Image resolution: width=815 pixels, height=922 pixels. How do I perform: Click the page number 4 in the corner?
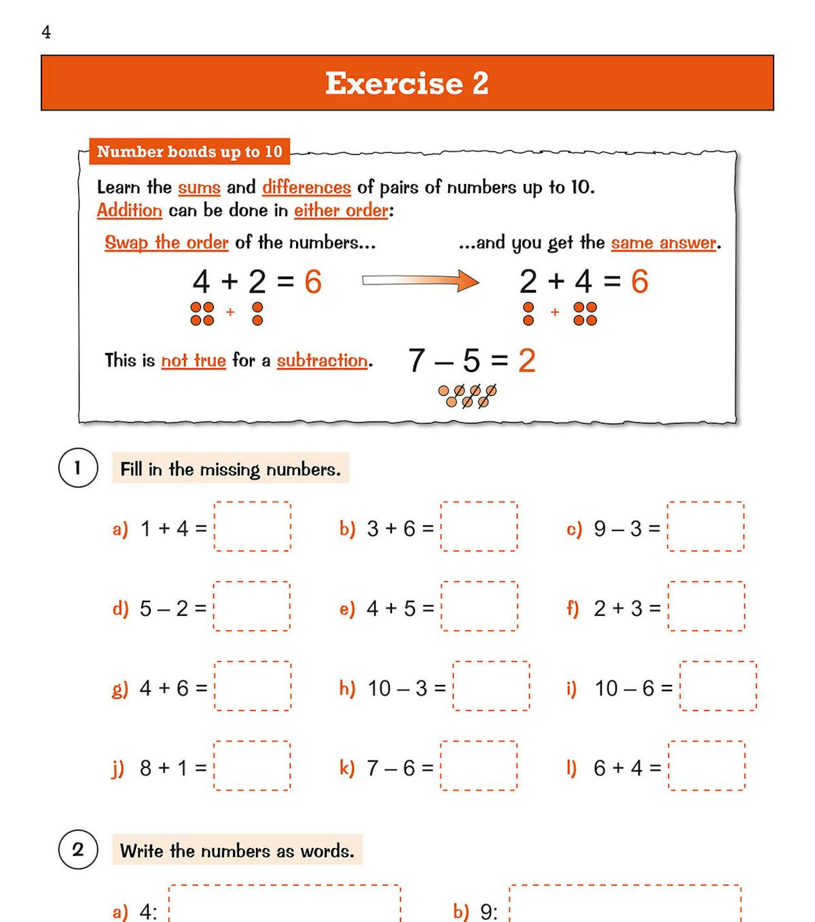[x=46, y=33]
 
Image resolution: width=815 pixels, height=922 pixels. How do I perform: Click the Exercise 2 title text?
[x=407, y=84]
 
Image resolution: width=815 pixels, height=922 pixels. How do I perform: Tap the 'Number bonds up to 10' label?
[x=189, y=151]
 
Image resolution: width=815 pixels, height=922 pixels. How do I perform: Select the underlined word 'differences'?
[x=306, y=187]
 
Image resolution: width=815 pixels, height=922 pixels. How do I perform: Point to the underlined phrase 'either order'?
[x=341, y=210]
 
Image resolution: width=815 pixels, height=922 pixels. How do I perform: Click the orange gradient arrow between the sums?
[x=420, y=280]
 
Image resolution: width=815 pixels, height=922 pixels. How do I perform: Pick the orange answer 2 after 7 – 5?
[x=527, y=361]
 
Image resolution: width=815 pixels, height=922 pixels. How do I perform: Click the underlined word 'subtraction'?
[x=323, y=361]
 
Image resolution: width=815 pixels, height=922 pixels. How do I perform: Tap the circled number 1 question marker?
[x=77, y=468]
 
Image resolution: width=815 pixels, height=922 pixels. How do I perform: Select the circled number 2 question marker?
[x=77, y=849]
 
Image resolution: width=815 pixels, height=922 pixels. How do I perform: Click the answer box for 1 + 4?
[x=253, y=526]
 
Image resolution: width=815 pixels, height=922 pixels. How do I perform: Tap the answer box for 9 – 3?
[x=706, y=526]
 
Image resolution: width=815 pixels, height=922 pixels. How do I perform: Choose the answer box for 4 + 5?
[x=479, y=606]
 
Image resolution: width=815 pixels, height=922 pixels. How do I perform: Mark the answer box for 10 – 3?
[x=491, y=686]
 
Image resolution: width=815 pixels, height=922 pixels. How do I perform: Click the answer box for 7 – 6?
[x=479, y=766]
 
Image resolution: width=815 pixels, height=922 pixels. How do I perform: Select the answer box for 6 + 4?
[x=706, y=766]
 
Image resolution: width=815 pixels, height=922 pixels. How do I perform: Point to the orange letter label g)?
[x=120, y=688]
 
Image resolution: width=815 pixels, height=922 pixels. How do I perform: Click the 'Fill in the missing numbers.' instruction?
[x=230, y=469]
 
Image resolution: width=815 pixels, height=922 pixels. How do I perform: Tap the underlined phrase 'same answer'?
[x=664, y=243]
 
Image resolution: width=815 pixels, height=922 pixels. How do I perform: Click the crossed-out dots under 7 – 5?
[x=468, y=396]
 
